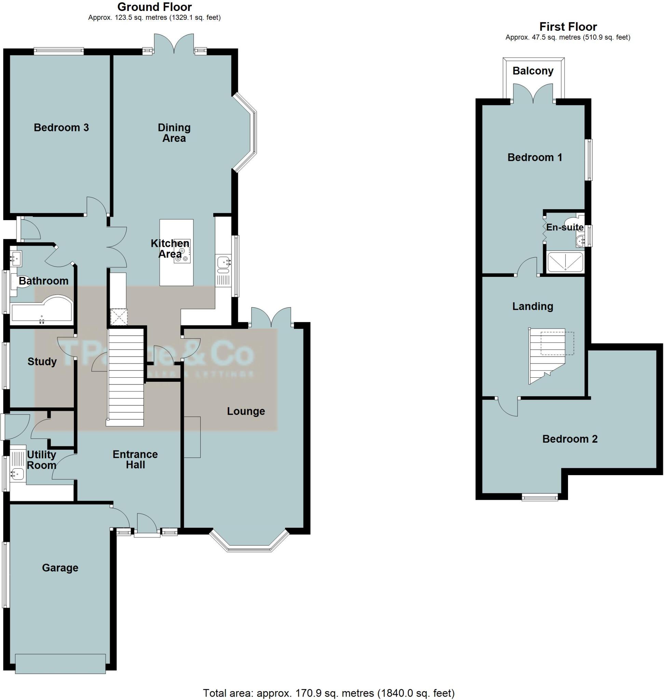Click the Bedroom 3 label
[61, 127]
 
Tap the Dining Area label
[174, 133]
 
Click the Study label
[42, 362]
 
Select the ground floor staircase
[126, 377]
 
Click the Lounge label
[246, 411]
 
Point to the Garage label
[60, 568]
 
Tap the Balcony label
[533, 71]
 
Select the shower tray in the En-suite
[565, 262]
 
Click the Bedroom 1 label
[534, 157]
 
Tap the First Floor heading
[568, 27]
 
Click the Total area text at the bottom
[328, 692]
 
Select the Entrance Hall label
[135, 459]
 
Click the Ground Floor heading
[154, 7]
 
